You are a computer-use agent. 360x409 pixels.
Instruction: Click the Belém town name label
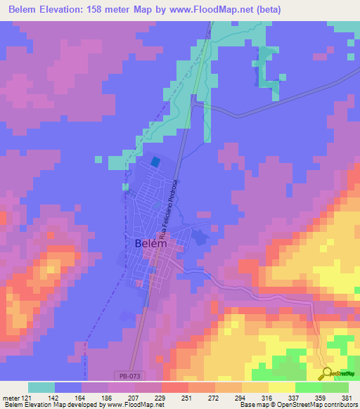(x=148, y=243)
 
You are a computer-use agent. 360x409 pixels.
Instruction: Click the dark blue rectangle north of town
(x=155, y=161)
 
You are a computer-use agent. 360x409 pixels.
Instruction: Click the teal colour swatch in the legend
(x=41, y=387)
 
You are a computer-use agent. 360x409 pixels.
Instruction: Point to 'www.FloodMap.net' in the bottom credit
(x=134, y=405)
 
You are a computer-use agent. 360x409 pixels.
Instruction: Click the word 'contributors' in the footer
(x=341, y=405)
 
